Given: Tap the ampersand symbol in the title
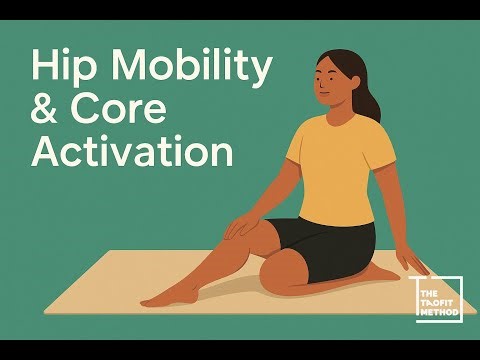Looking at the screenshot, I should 47,112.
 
